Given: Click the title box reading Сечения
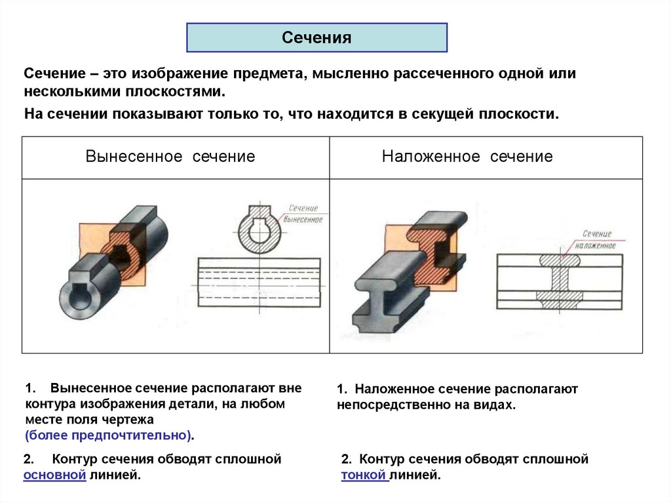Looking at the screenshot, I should coord(317,37).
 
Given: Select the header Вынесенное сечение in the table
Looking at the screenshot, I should coord(170,157).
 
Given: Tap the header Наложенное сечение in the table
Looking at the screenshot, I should coord(467,157).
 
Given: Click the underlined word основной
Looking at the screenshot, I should coord(54,475).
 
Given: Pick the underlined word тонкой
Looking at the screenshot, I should coord(365,475).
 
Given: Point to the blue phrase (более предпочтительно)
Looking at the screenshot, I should coord(109,435).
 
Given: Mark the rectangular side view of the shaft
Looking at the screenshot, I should coord(260,281).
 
